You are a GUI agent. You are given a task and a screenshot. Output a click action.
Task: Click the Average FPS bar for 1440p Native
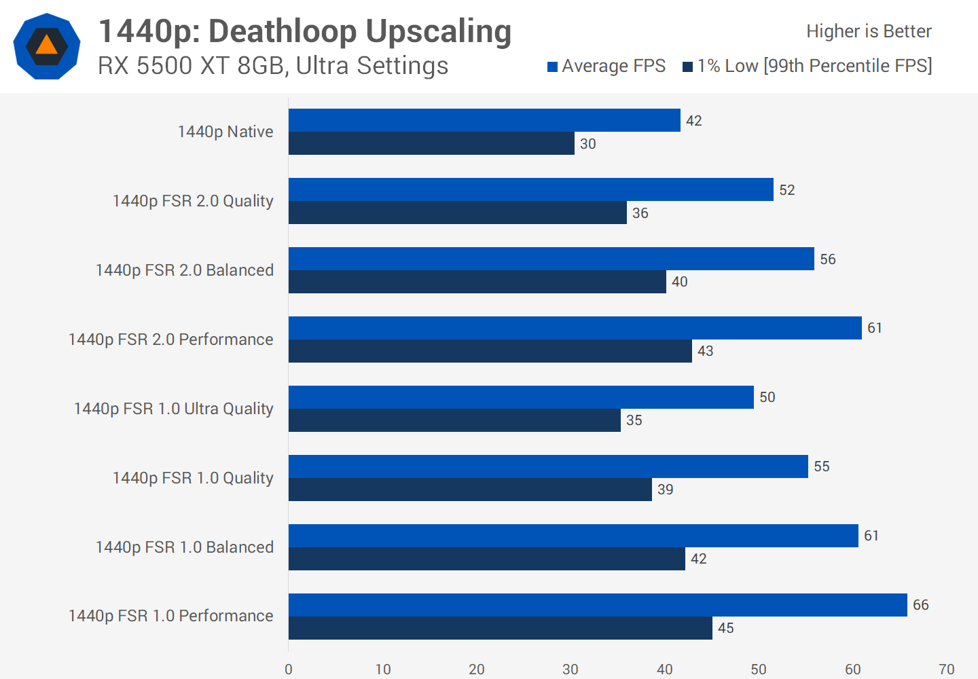tap(484, 120)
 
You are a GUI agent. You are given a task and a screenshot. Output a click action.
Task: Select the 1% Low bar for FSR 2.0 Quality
tap(457, 213)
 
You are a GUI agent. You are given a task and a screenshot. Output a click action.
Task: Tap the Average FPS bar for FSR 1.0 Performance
tap(598, 605)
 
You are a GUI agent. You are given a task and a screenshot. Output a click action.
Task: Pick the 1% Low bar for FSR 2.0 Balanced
tap(477, 282)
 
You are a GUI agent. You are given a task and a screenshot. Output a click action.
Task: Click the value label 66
tap(920, 605)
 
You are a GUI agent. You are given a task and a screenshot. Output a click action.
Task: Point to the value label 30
tap(587, 144)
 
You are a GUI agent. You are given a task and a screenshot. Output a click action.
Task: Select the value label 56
tap(827, 259)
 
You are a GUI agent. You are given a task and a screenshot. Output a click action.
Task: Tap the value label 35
tap(634, 420)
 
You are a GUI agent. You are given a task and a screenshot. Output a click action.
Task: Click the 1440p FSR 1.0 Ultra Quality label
tap(173, 409)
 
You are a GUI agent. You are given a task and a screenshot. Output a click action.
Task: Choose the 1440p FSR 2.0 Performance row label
tap(170, 339)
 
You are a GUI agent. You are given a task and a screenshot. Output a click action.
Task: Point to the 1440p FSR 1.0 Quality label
tap(193, 478)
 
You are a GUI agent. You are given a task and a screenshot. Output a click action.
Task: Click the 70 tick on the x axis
tap(946, 669)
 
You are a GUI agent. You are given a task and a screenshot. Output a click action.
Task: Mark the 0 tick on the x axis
tap(289, 669)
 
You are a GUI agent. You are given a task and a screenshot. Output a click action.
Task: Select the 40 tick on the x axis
tap(664, 669)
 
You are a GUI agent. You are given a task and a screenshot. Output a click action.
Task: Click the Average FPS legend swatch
tap(553, 67)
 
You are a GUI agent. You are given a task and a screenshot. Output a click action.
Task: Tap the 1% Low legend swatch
tap(687, 67)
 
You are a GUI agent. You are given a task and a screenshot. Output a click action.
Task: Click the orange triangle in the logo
tap(46, 45)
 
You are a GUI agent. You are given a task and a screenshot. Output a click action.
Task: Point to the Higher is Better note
tap(869, 31)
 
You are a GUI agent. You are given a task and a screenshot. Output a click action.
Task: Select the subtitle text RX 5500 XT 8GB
tap(190, 66)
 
